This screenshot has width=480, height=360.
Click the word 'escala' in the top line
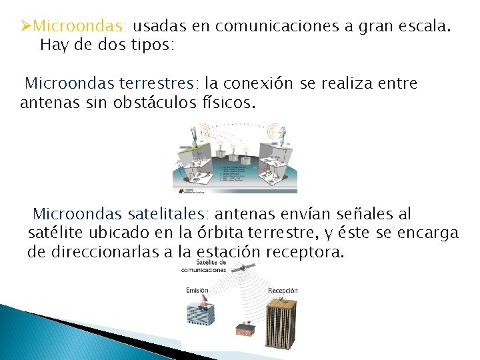(427, 27)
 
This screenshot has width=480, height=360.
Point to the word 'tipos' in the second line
(151, 46)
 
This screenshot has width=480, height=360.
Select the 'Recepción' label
(283, 291)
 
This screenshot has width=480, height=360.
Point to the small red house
(244, 328)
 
